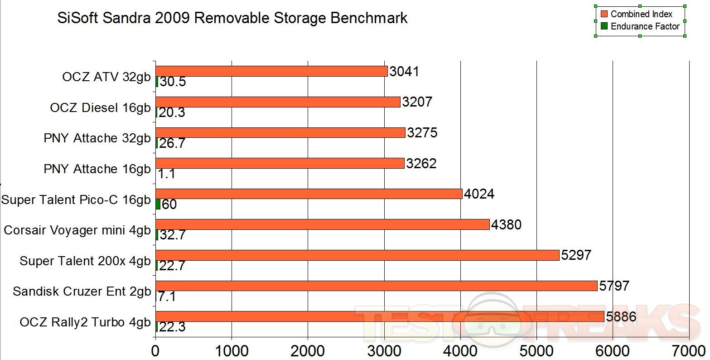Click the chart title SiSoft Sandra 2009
pyautogui.click(x=232, y=18)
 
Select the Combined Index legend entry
pyautogui.click(x=641, y=14)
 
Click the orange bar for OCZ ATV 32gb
pyautogui.click(x=271, y=71)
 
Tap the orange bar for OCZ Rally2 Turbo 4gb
pyautogui.click(x=380, y=316)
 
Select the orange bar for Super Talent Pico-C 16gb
pyautogui.click(x=309, y=194)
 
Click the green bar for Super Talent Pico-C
pyautogui.click(x=158, y=204)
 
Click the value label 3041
pyautogui.click(x=404, y=71)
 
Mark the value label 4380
pyautogui.click(x=506, y=224)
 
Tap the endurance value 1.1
pyautogui.click(x=167, y=174)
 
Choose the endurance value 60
pyautogui.click(x=169, y=204)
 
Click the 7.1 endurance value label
pyautogui.click(x=167, y=297)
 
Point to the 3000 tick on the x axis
pyautogui.click(x=384, y=350)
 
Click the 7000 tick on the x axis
pyautogui.click(x=689, y=350)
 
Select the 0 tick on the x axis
pyautogui.click(x=155, y=350)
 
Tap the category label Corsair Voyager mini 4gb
pyautogui.click(x=77, y=230)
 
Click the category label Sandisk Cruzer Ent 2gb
pyautogui.click(x=82, y=291)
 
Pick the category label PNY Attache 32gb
pyautogui.click(x=97, y=138)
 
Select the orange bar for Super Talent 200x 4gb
pyautogui.click(x=357, y=255)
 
